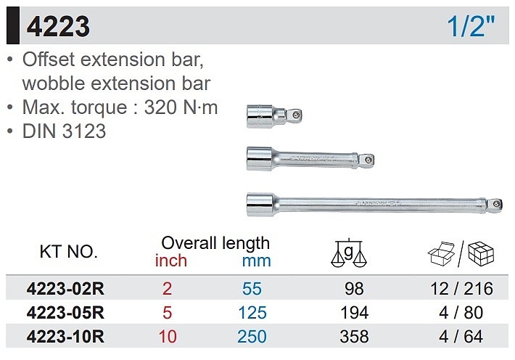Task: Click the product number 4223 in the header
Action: point(58,27)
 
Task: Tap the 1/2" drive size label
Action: point(471,26)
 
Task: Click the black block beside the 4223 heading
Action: point(13,25)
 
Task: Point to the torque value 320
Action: point(160,107)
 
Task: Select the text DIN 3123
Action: point(64,131)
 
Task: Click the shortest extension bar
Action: point(274,116)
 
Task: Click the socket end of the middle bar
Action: point(260,159)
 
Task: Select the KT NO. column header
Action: point(69,252)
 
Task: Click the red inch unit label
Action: point(171,261)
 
